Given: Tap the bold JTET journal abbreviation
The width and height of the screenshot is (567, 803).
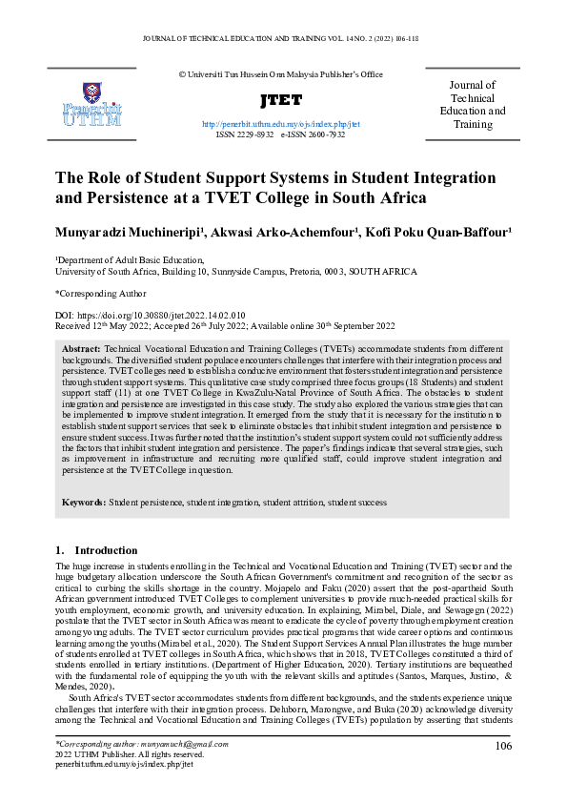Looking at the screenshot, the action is (x=280, y=101).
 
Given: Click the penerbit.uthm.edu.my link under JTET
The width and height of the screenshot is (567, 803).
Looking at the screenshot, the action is (x=281, y=124).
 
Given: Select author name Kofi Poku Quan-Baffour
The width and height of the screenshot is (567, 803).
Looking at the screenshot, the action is (x=439, y=231).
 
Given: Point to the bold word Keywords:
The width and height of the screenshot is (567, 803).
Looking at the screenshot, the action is (x=84, y=502).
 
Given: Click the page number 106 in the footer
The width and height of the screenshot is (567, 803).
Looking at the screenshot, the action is (x=503, y=745).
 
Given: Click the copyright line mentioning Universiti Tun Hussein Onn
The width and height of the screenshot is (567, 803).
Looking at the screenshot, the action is (x=280, y=73).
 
